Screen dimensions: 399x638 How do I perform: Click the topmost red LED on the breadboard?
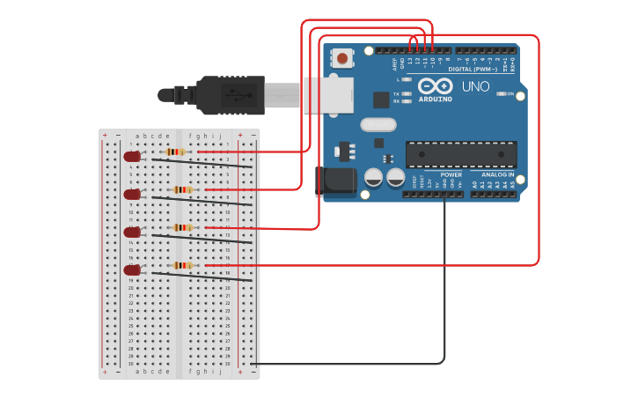pos(132,156)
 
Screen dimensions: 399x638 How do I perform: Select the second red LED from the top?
pos(132,194)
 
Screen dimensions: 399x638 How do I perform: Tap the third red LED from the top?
pos(132,232)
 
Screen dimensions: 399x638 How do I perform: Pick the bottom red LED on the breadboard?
pos(132,270)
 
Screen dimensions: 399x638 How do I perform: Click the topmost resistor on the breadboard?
pos(176,151)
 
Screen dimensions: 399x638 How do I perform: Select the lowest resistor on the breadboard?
pos(182,264)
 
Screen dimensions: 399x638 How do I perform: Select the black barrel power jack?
pos(336,181)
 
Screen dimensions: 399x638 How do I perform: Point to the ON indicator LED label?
pos(510,93)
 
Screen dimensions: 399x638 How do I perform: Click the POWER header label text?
pos(451,174)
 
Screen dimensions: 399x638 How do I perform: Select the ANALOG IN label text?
pos(498,174)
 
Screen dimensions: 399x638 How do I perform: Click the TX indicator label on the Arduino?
pos(397,93)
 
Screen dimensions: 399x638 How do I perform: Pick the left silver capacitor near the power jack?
pos(373,178)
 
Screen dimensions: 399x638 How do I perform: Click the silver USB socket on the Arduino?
pos(327,95)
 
